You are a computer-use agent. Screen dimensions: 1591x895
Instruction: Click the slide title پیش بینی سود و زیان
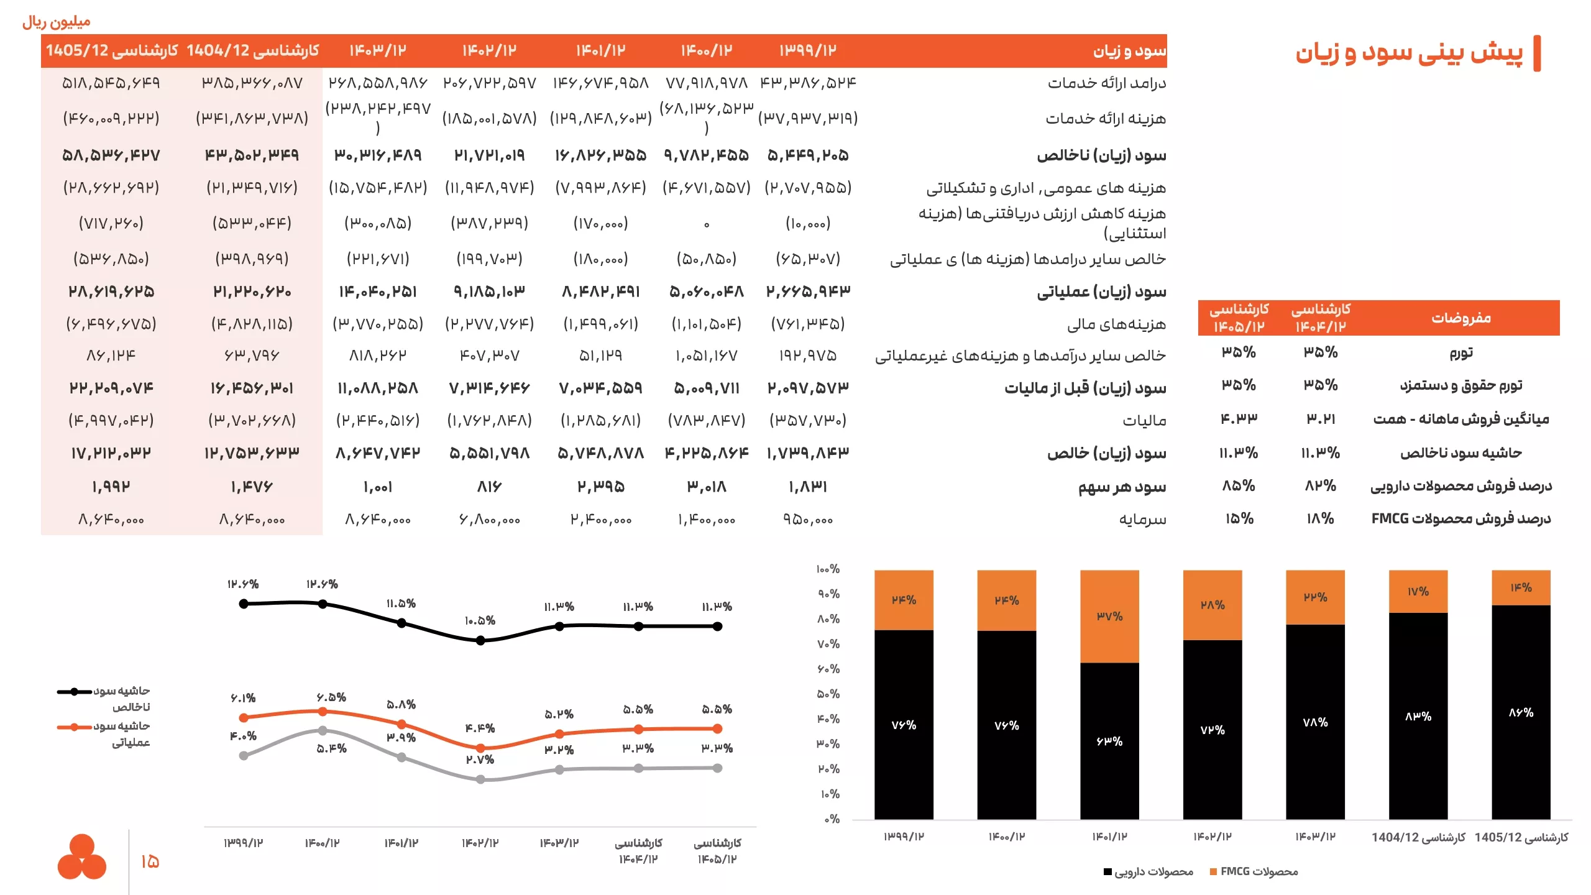(x=1409, y=53)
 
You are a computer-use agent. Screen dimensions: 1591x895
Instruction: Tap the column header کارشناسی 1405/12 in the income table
(x=112, y=50)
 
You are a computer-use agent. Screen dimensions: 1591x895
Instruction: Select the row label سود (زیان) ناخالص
(x=1101, y=155)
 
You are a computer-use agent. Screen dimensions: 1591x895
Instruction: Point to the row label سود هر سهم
(x=1122, y=487)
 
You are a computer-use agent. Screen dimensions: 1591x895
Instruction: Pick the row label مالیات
(x=1144, y=421)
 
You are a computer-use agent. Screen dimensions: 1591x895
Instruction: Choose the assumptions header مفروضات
(x=1461, y=318)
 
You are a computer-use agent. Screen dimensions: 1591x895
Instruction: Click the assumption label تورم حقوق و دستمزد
(x=1461, y=385)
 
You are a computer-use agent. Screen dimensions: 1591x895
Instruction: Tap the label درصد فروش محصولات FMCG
(x=1461, y=518)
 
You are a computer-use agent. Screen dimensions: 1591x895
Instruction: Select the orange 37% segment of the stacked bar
(x=1109, y=617)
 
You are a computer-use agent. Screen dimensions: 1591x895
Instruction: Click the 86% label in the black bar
(x=1521, y=713)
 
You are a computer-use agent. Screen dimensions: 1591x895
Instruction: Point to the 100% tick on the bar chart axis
(x=828, y=569)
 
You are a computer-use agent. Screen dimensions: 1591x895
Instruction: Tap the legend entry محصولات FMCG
(x=1254, y=871)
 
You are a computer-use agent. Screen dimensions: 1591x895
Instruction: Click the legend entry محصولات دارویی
(x=1149, y=871)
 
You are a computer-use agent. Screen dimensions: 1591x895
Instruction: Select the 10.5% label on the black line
(x=480, y=621)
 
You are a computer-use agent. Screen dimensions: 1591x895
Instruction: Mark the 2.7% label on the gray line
(x=480, y=760)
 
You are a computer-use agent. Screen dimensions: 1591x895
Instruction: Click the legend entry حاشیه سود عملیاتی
(x=104, y=734)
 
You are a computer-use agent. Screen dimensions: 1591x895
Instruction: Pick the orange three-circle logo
(x=82, y=856)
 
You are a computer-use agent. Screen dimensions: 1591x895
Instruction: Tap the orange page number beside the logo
(x=150, y=861)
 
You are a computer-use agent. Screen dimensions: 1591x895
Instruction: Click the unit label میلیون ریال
(x=57, y=22)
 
